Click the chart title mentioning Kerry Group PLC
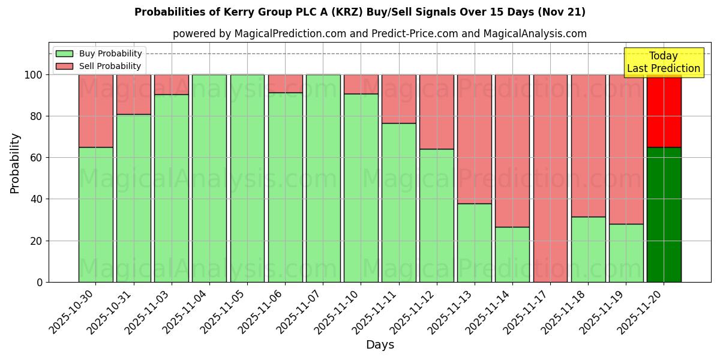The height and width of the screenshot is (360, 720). (x=359, y=12)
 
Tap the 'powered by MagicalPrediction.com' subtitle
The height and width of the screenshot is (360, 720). (x=379, y=34)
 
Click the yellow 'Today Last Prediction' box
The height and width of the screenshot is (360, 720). (x=663, y=62)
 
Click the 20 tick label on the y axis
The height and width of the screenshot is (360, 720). (x=37, y=241)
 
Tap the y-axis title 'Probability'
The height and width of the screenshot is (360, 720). (x=15, y=163)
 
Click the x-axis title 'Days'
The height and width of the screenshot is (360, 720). (x=380, y=345)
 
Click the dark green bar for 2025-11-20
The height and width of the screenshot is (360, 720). (x=664, y=214)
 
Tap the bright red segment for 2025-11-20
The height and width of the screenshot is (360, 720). (x=664, y=111)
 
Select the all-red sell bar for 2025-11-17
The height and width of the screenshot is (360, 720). (x=550, y=178)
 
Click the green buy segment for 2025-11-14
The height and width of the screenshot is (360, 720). (x=512, y=254)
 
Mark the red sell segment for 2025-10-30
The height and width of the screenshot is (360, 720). (x=96, y=111)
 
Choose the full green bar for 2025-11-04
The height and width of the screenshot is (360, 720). (x=209, y=178)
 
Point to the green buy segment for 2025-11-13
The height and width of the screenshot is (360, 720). (x=475, y=242)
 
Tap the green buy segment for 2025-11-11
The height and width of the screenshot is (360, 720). (x=398, y=202)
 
